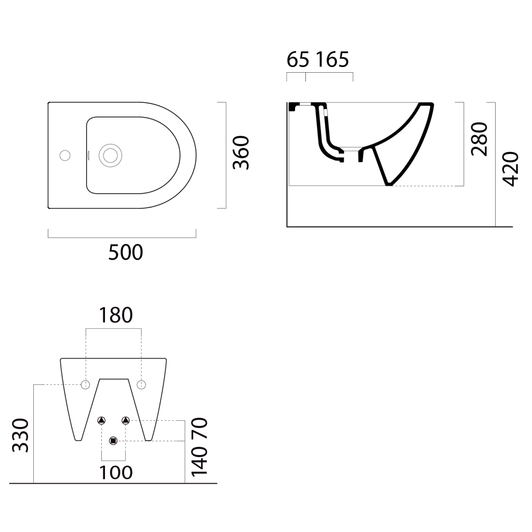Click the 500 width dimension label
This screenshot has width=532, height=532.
(x=126, y=252)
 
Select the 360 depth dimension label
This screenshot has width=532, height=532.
(x=241, y=152)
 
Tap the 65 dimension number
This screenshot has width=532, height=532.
(x=298, y=60)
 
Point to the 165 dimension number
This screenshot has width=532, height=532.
(x=332, y=60)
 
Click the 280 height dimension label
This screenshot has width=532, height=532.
(x=480, y=139)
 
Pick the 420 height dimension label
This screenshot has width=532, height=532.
(x=511, y=169)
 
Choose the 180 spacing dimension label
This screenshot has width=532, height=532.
(x=116, y=315)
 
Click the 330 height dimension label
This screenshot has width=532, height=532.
(x=20, y=435)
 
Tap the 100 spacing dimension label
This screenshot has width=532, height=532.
(x=116, y=473)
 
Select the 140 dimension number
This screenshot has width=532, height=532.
(x=199, y=461)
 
